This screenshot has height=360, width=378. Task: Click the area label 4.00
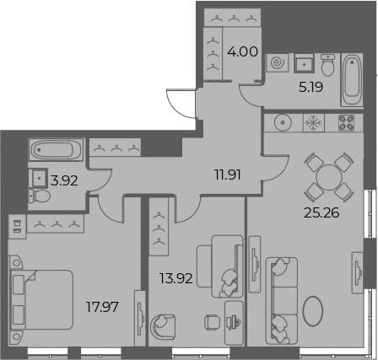tap(242, 52)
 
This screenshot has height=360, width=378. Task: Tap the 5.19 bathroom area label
tap(310, 88)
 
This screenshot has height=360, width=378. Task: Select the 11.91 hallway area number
tap(227, 175)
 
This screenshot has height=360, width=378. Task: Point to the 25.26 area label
tap(321, 213)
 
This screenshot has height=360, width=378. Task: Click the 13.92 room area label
tap(176, 278)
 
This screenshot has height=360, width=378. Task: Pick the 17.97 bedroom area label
tap(102, 307)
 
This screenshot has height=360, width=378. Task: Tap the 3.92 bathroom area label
tap(64, 180)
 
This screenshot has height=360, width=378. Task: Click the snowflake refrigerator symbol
tap(314, 123)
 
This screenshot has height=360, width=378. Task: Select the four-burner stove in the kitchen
tap(346, 123)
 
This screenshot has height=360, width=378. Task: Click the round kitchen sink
tap(283, 123)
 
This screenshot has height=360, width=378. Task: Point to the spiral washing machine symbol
tap(278, 62)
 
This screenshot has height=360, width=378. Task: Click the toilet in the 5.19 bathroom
tap(328, 65)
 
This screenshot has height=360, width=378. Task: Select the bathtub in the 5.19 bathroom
tap(352, 80)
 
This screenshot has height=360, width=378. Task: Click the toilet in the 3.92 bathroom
tap(40, 196)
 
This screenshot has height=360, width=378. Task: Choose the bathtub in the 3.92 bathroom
tap(56, 149)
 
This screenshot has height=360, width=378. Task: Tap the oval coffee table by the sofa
tap(313, 311)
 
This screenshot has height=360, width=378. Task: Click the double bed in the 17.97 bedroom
tap(41, 299)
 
